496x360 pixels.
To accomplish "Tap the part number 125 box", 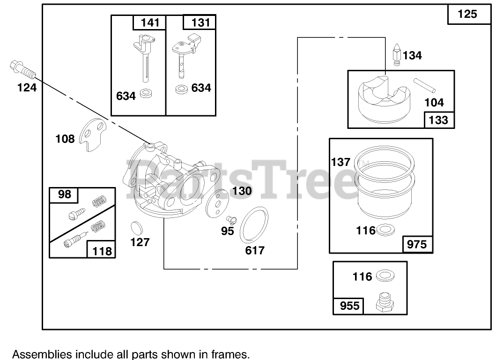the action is (x=467, y=14).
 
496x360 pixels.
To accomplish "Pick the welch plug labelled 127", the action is (x=136, y=228).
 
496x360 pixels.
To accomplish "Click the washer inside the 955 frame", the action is (x=383, y=276).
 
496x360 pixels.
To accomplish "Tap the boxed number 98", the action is (x=65, y=194).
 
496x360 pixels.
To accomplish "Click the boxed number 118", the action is (x=102, y=250).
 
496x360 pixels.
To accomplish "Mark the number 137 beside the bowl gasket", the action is (x=341, y=162).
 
